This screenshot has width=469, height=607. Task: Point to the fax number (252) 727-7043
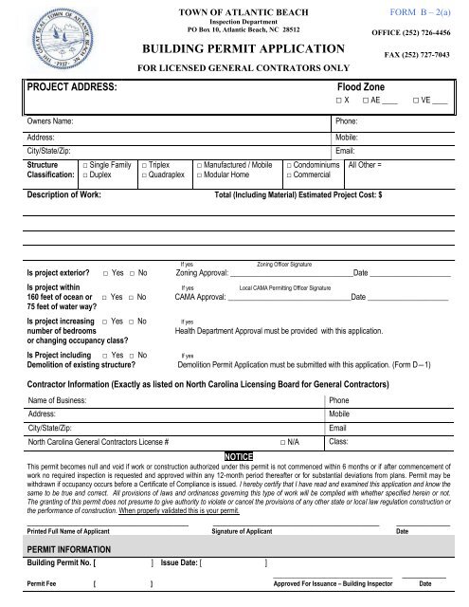(x=424, y=55)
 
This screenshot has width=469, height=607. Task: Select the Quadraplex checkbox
(x=143, y=175)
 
